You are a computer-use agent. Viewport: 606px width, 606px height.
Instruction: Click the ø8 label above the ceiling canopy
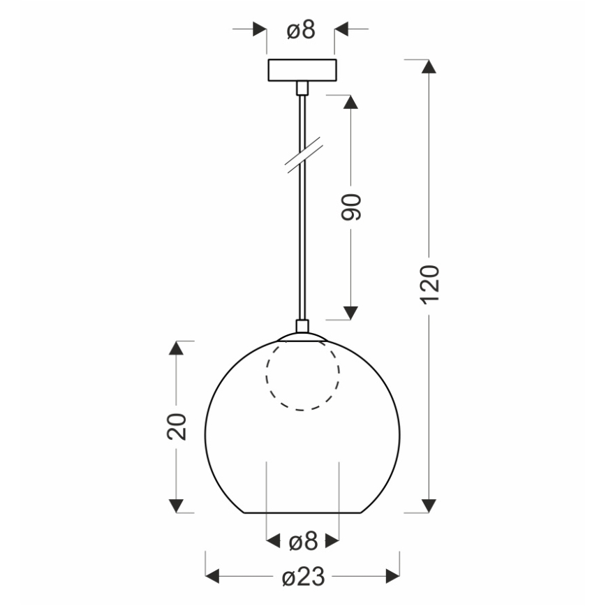(302, 29)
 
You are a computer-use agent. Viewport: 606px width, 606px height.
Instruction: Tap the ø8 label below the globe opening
(303, 541)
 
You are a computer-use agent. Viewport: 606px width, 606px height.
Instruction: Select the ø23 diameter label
(303, 577)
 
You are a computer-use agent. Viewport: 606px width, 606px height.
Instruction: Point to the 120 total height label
(431, 283)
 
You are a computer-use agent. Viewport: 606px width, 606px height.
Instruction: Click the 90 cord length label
(351, 207)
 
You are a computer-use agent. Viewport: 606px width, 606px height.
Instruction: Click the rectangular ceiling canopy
(302, 71)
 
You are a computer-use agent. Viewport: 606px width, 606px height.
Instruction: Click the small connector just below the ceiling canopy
(302, 88)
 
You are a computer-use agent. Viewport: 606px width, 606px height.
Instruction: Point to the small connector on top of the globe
(302, 326)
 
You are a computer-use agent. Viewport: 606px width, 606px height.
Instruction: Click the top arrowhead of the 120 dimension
(430, 67)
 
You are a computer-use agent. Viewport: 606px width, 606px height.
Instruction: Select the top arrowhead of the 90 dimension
(351, 102)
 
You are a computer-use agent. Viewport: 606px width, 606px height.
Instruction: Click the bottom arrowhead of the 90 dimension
(351, 313)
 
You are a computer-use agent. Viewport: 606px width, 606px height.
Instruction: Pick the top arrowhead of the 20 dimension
(177, 348)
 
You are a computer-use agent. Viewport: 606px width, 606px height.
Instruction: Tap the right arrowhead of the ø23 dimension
(392, 577)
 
